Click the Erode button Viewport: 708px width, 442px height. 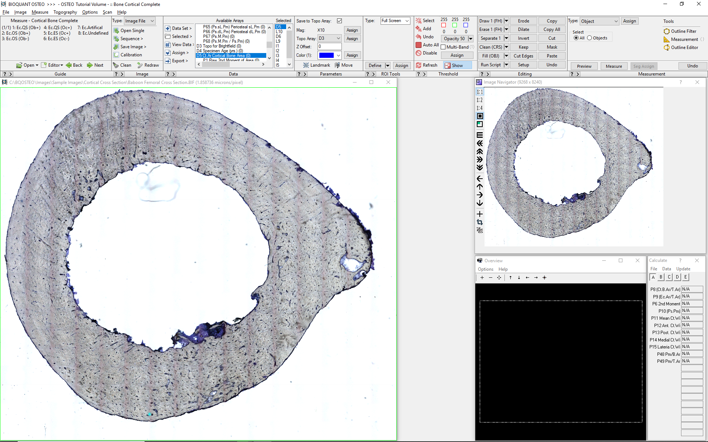click(x=523, y=21)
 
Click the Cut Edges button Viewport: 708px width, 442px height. click(x=523, y=56)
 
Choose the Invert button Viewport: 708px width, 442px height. click(x=523, y=38)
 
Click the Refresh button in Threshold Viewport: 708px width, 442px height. click(x=427, y=65)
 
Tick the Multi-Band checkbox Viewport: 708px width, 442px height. click(x=443, y=47)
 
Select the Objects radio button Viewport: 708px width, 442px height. click(x=589, y=38)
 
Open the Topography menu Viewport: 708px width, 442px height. click(x=65, y=12)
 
